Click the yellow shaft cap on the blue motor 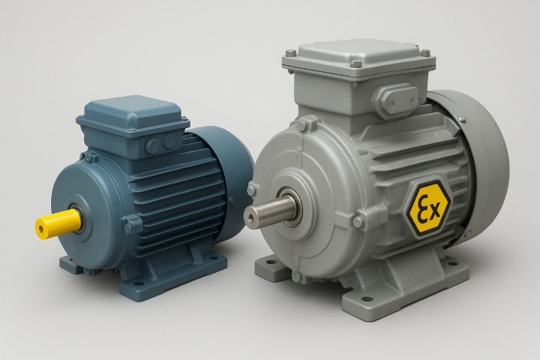59,223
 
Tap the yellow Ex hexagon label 428,208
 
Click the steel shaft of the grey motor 270,210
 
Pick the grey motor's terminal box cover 358,58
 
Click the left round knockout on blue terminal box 152,146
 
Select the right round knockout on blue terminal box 169,141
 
